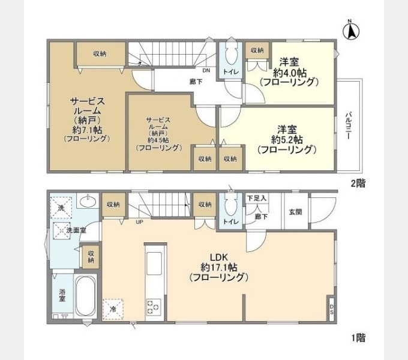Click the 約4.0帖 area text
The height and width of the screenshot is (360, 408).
(x=288, y=72)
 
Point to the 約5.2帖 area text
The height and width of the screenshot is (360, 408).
(x=286, y=139)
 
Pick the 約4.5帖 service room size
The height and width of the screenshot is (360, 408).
(x=158, y=139)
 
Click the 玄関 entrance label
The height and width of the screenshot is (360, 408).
(x=296, y=211)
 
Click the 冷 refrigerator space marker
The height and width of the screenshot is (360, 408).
(x=113, y=308)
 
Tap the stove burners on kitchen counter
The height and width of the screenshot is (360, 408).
(x=152, y=307)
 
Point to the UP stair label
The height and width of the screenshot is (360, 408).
(x=139, y=222)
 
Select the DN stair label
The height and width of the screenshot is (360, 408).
(x=206, y=71)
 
